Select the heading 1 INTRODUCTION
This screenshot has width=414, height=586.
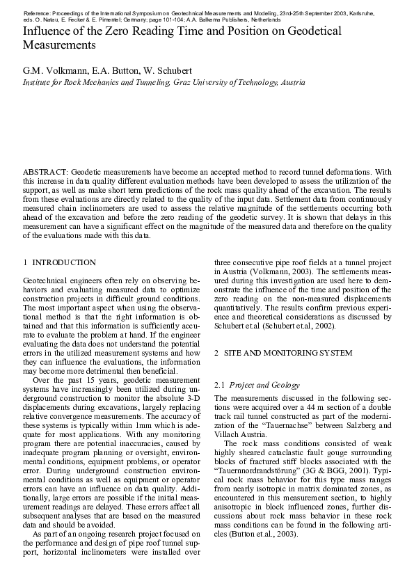pos(60,263)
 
